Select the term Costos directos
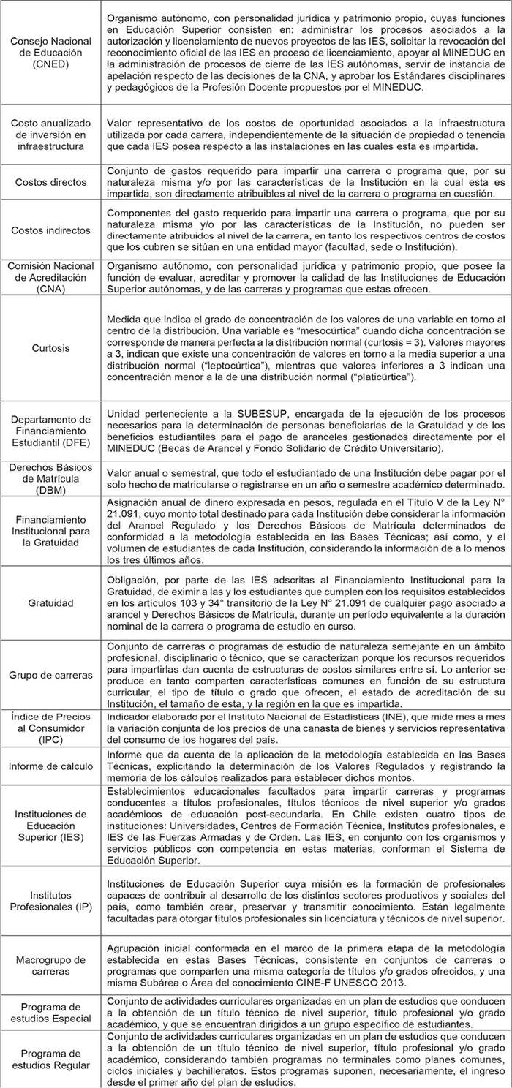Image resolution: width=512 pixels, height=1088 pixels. click(51, 182)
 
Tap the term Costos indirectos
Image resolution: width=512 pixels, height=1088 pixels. click(51, 230)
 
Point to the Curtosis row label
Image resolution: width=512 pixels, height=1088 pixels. click(51, 347)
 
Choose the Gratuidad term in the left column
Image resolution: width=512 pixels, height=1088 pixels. click(51, 603)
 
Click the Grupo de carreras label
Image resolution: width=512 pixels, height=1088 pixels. click(51, 675)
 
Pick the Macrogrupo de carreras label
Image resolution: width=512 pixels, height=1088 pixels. click(51, 965)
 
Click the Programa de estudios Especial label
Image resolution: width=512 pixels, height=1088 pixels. click(51, 1012)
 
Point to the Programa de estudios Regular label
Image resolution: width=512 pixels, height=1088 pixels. click(51, 1059)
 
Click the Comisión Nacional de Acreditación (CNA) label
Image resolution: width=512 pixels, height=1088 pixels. click(51, 278)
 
